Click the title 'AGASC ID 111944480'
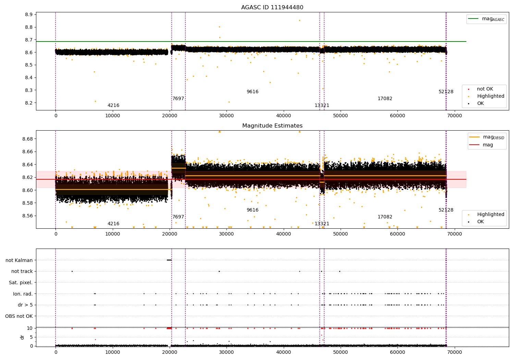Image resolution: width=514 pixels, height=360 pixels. point(272,8)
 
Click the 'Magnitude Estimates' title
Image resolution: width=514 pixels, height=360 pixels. point(272,126)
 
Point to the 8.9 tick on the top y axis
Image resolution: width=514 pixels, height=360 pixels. point(28,15)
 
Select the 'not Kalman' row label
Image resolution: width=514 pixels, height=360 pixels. point(19,260)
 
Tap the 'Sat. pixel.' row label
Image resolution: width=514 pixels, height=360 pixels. point(21,283)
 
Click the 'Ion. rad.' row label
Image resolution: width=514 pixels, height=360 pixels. point(23,294)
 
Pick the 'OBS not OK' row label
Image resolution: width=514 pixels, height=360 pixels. point(19,316)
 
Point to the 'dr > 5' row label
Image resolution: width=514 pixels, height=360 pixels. point(25,305)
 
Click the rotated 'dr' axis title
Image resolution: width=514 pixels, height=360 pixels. point(22,337)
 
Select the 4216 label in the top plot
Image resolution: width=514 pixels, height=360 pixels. point(113,106)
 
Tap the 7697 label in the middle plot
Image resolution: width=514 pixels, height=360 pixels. point(178,217)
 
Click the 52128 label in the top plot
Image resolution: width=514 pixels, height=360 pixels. point(446,92)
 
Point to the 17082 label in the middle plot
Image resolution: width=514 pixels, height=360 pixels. point(385,217)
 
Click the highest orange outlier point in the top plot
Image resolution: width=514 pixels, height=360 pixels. point(299,20)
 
